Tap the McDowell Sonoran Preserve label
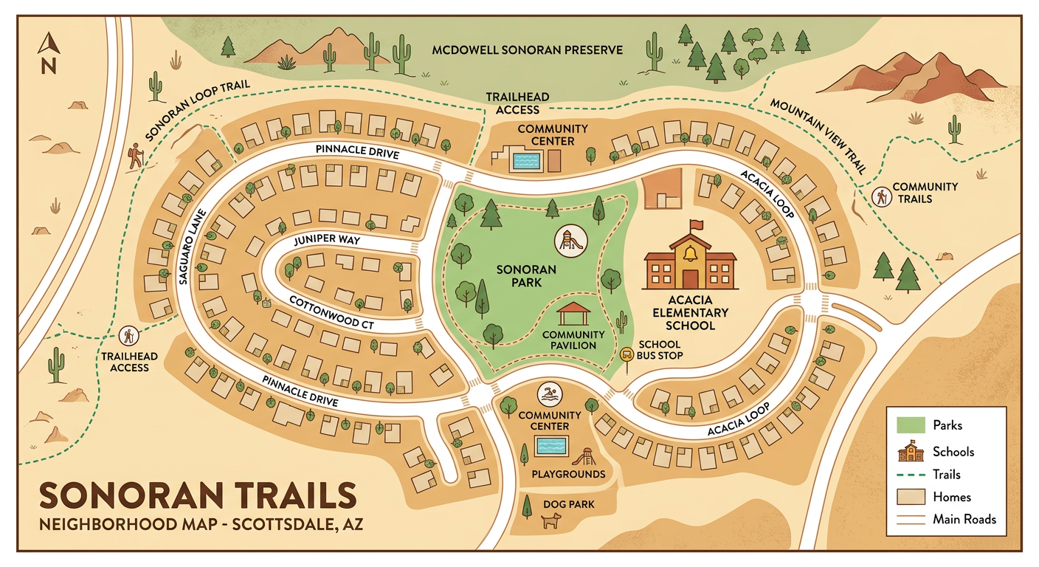[x=527, y=50]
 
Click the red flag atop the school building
[x=695, y=224]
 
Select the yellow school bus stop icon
[x=627, y=354]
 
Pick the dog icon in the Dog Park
[x=551, y=521]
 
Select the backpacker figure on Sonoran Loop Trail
[x=134, y=156]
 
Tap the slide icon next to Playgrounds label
[x=588, y=456]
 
